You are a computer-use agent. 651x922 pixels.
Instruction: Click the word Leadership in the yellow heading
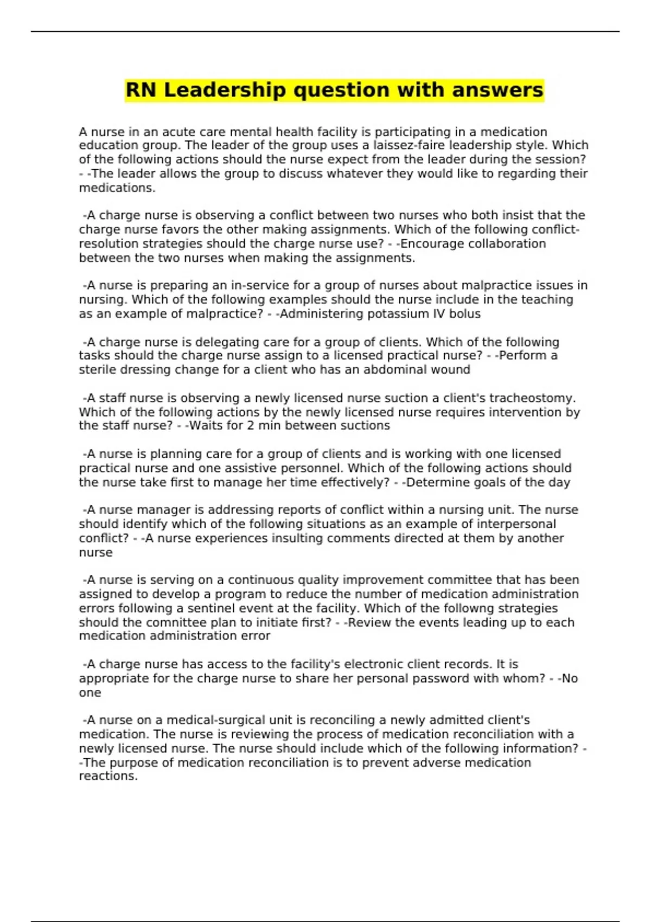pos(225,90)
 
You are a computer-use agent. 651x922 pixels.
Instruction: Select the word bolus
pos(464,314)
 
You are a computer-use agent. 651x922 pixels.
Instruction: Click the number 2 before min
pos(250,426)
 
